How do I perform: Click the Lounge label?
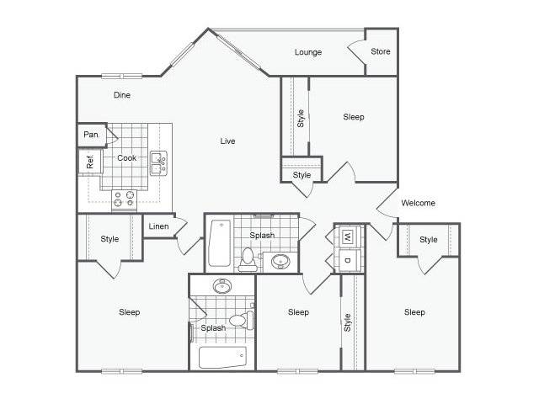coord(308,52)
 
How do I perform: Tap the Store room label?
coord(381,51)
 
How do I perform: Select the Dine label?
coord(122,95)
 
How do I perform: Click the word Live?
coord(227,141)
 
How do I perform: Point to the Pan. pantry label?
coord(92,135)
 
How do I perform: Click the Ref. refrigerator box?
coord(90,162)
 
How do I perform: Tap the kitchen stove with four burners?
coord(124,200)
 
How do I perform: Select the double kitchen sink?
coord(158,163)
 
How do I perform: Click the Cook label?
coord(127,158)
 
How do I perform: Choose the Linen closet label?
coord(158,226)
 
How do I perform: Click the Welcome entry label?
coord(418,203)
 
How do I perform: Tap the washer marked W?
coord(348,237)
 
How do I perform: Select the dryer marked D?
coord(348,260)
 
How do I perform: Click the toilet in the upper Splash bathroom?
coord(248,259)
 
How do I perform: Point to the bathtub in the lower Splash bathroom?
coord(222,357)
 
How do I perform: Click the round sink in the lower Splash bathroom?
coord(222,286)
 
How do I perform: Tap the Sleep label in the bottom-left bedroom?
coord(129,312)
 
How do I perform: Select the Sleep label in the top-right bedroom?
coord(354,117)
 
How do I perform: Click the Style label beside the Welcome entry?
coord(429,239)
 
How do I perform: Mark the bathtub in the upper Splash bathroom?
coord(219,243)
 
